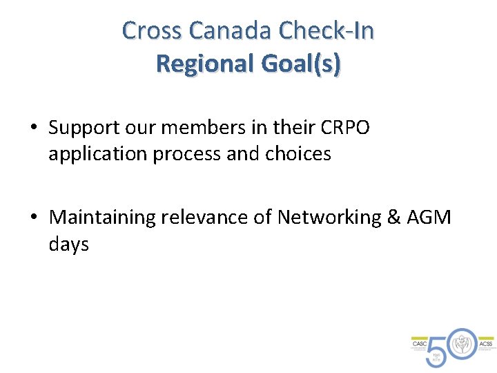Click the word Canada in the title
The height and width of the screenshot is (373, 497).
click(x=231, y=30)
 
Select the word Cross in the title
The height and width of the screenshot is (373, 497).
click(x=152, y=30)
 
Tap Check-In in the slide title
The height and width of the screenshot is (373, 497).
click(x=327, y=30)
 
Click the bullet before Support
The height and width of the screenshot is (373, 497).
click(x=33, y=128)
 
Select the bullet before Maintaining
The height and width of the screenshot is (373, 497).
click(x=33, y=218)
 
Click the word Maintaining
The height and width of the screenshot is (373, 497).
click(x=103, y=218)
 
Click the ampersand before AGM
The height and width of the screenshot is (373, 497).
click(x=393, y=218)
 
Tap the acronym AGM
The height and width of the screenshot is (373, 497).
click(x=429, y=218)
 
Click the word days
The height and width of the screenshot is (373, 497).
click(x=69, y=245)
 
